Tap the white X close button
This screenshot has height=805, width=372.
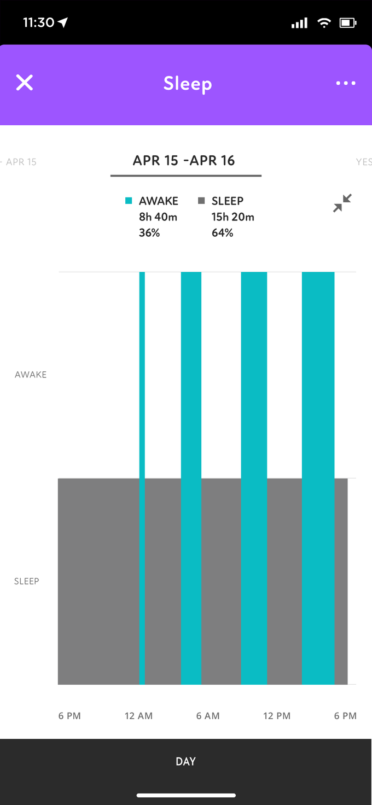point(25,83)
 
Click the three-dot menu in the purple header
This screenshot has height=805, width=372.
point(346,83)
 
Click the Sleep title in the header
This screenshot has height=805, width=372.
point(187,84)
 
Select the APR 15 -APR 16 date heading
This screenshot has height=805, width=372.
point(184,161)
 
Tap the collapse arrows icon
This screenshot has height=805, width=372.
point(342,203)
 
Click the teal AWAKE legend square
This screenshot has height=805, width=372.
point(129,201)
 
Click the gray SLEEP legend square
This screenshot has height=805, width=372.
point(201,201)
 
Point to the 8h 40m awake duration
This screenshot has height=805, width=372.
point(158,217)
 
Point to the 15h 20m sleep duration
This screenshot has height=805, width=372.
point(233,217)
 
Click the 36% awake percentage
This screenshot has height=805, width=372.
point(149,233)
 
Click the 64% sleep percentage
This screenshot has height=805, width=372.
point(222,233)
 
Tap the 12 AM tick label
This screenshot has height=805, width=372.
point(138,716)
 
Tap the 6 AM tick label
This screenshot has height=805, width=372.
point(208,716)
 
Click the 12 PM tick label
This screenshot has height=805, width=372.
point(276,716)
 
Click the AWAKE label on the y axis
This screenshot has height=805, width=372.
point(31,375)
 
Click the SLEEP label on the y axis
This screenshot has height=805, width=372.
point(27,581)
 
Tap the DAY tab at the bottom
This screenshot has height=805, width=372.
point(185,761)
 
